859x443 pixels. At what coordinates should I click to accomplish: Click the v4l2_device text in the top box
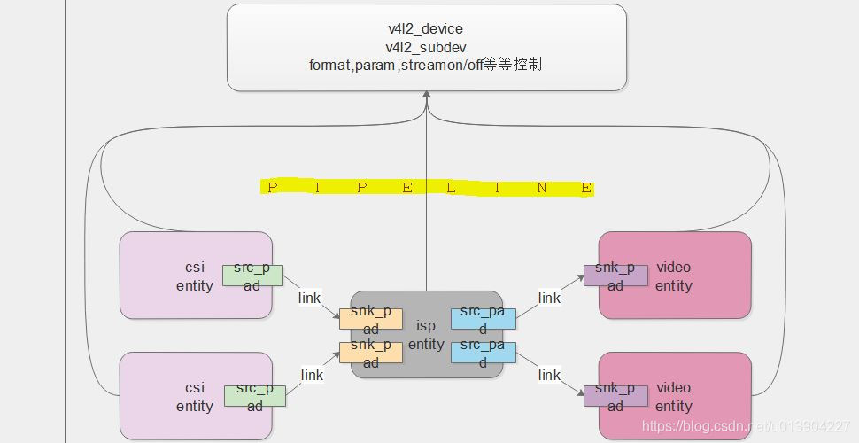click(x=426, y=29)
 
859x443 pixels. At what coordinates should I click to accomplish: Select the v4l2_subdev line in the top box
click(x=426, y=46)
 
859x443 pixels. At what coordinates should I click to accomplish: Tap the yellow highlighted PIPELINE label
click(x=428, y=188)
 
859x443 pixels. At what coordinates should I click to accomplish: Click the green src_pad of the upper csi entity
click(x=252, y=275)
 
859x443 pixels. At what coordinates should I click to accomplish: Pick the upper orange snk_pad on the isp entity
click(x=371, y=319)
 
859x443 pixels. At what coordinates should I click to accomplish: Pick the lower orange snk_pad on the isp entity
click(x=371, y=352)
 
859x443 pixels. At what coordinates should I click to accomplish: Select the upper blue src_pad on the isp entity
click(x=483, y=319)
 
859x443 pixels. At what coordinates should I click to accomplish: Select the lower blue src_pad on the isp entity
click(x=483, y=352)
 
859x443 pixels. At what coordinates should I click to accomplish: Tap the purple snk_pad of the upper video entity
click(x=615, y=275)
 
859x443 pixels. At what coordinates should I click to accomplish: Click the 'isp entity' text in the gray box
click(x=426, y=335)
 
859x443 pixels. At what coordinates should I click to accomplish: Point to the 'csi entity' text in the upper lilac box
click(x=195, y=276)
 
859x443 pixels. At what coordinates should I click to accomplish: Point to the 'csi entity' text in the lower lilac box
click(x=195, y=397)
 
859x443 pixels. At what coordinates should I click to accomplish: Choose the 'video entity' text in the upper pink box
click(x=673, y=276)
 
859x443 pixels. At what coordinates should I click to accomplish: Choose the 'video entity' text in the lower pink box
click(x=673, y=397)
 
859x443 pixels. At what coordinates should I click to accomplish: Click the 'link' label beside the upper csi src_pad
click(x=310, y=298)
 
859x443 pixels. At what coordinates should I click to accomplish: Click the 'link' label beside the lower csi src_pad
click(x=312, y=375)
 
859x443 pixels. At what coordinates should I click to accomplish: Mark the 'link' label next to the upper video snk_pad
click(x=549, y=298)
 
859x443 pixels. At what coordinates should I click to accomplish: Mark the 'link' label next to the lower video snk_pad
click(x=549, y=375)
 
